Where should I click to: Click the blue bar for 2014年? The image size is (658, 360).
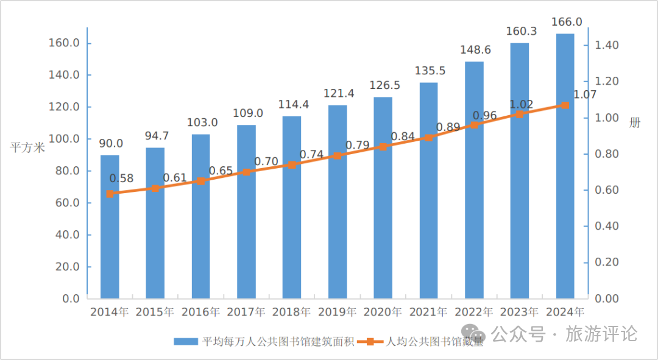110,227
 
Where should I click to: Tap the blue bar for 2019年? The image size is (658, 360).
338,202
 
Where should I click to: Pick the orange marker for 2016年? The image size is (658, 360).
201,181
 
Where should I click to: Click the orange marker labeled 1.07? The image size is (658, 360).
565,105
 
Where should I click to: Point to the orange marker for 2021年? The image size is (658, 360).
428,138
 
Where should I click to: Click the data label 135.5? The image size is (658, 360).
430,71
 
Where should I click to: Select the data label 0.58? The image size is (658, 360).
121,178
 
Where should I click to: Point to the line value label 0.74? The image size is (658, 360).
311,154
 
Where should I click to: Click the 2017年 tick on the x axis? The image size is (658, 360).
246,312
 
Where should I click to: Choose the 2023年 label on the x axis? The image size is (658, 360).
519,312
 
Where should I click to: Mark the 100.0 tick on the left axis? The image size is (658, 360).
65,139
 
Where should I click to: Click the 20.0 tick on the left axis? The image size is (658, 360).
68,267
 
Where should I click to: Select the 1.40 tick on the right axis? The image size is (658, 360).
607,46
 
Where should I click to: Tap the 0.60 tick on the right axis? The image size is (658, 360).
607,190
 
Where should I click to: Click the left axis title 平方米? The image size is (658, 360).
27,147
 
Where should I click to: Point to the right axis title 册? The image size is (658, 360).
635,122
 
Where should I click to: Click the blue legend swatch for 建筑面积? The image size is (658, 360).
185,342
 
